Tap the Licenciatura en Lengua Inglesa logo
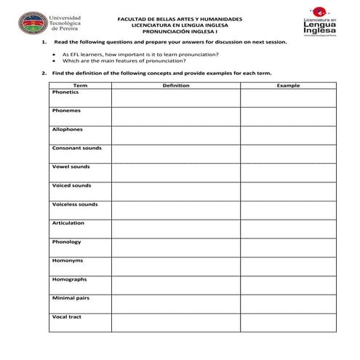click(x=321, y=23)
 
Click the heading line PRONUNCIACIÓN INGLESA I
click(x=180, y=31)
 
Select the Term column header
click(x=79, y=86)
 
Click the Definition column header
click(x=175, y=86)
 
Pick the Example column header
click(x=288, y=86)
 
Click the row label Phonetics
click(x=65, y=92)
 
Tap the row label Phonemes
click(x=66, y=111)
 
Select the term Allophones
click(x=68, y=129)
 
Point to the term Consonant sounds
click(x=76, y=148)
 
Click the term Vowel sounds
click(x=71, y=167)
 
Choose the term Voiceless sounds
click(x=74, y=204)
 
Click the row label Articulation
click(x=68, y=223)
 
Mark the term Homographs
click(x=69, y=279)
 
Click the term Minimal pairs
click(x=71, y=298)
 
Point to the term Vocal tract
click(x=66, y=317)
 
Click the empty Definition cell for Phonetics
click(x=175, y=98)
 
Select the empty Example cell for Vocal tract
click(x=288, y=323)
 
